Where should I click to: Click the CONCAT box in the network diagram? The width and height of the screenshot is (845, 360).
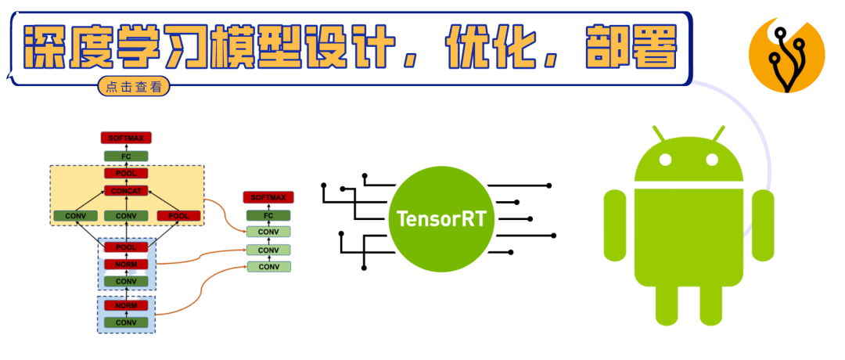tap(126, 191)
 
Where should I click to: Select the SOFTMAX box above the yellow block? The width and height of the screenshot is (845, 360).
tap(126, 138)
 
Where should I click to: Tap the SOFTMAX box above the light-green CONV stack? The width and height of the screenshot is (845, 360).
tap(268, 197)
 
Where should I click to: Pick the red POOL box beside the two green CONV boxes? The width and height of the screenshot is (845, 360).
tap(179, 215)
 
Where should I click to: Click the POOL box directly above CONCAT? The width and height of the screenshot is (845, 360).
tap(126, 173)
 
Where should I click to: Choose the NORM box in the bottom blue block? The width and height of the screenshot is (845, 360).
tap(126, 305)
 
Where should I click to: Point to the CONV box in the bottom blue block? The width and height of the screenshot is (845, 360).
tap(126, 322)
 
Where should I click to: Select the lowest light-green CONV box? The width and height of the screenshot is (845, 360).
tap(268, 267)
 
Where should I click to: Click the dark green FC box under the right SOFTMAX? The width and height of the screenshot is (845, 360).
tap(268, 214)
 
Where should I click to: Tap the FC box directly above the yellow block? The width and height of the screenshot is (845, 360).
tap(126, 156)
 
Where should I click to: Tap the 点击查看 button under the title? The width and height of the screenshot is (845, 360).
tap(134, 87)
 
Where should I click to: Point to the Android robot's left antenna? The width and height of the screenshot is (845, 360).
tap(659, 133)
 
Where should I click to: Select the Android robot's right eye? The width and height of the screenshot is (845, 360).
tap(712, 160)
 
